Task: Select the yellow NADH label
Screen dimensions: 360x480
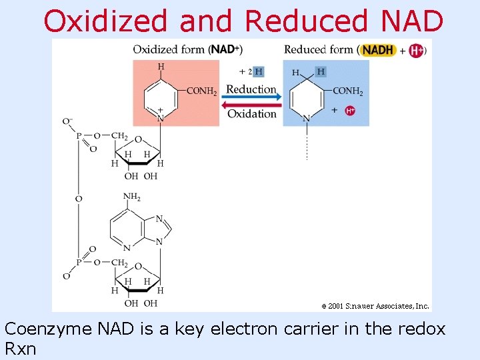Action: click(x=378, y=50)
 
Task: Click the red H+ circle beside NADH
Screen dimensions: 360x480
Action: click(x=416, y=50)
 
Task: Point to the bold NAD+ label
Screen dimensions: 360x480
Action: click(x=225, y=49)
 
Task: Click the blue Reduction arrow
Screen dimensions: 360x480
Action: click(x=251, y=97)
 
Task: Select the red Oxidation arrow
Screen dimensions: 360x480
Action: click(x=251, y=104)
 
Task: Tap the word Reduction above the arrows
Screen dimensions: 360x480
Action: click(x=251, y=89)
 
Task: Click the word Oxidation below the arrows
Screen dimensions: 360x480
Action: click(x=251, y=114)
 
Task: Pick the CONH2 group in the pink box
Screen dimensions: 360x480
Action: click(x=201, y=91)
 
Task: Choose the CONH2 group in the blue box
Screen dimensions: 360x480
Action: click(x=348, y=91)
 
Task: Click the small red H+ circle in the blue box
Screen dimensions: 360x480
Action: click(x=350, y=111)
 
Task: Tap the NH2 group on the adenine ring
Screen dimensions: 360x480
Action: click(x=132, y=197)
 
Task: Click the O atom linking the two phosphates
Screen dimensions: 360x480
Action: click(x=79, y=199)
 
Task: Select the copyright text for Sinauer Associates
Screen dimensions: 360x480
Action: click(x=375, y=306)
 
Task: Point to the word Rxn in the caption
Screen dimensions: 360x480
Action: click(x=22, y=349)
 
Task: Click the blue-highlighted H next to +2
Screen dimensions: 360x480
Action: click(x=259, y=72)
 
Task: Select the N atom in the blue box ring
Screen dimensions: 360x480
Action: click(x=306, y=119)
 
